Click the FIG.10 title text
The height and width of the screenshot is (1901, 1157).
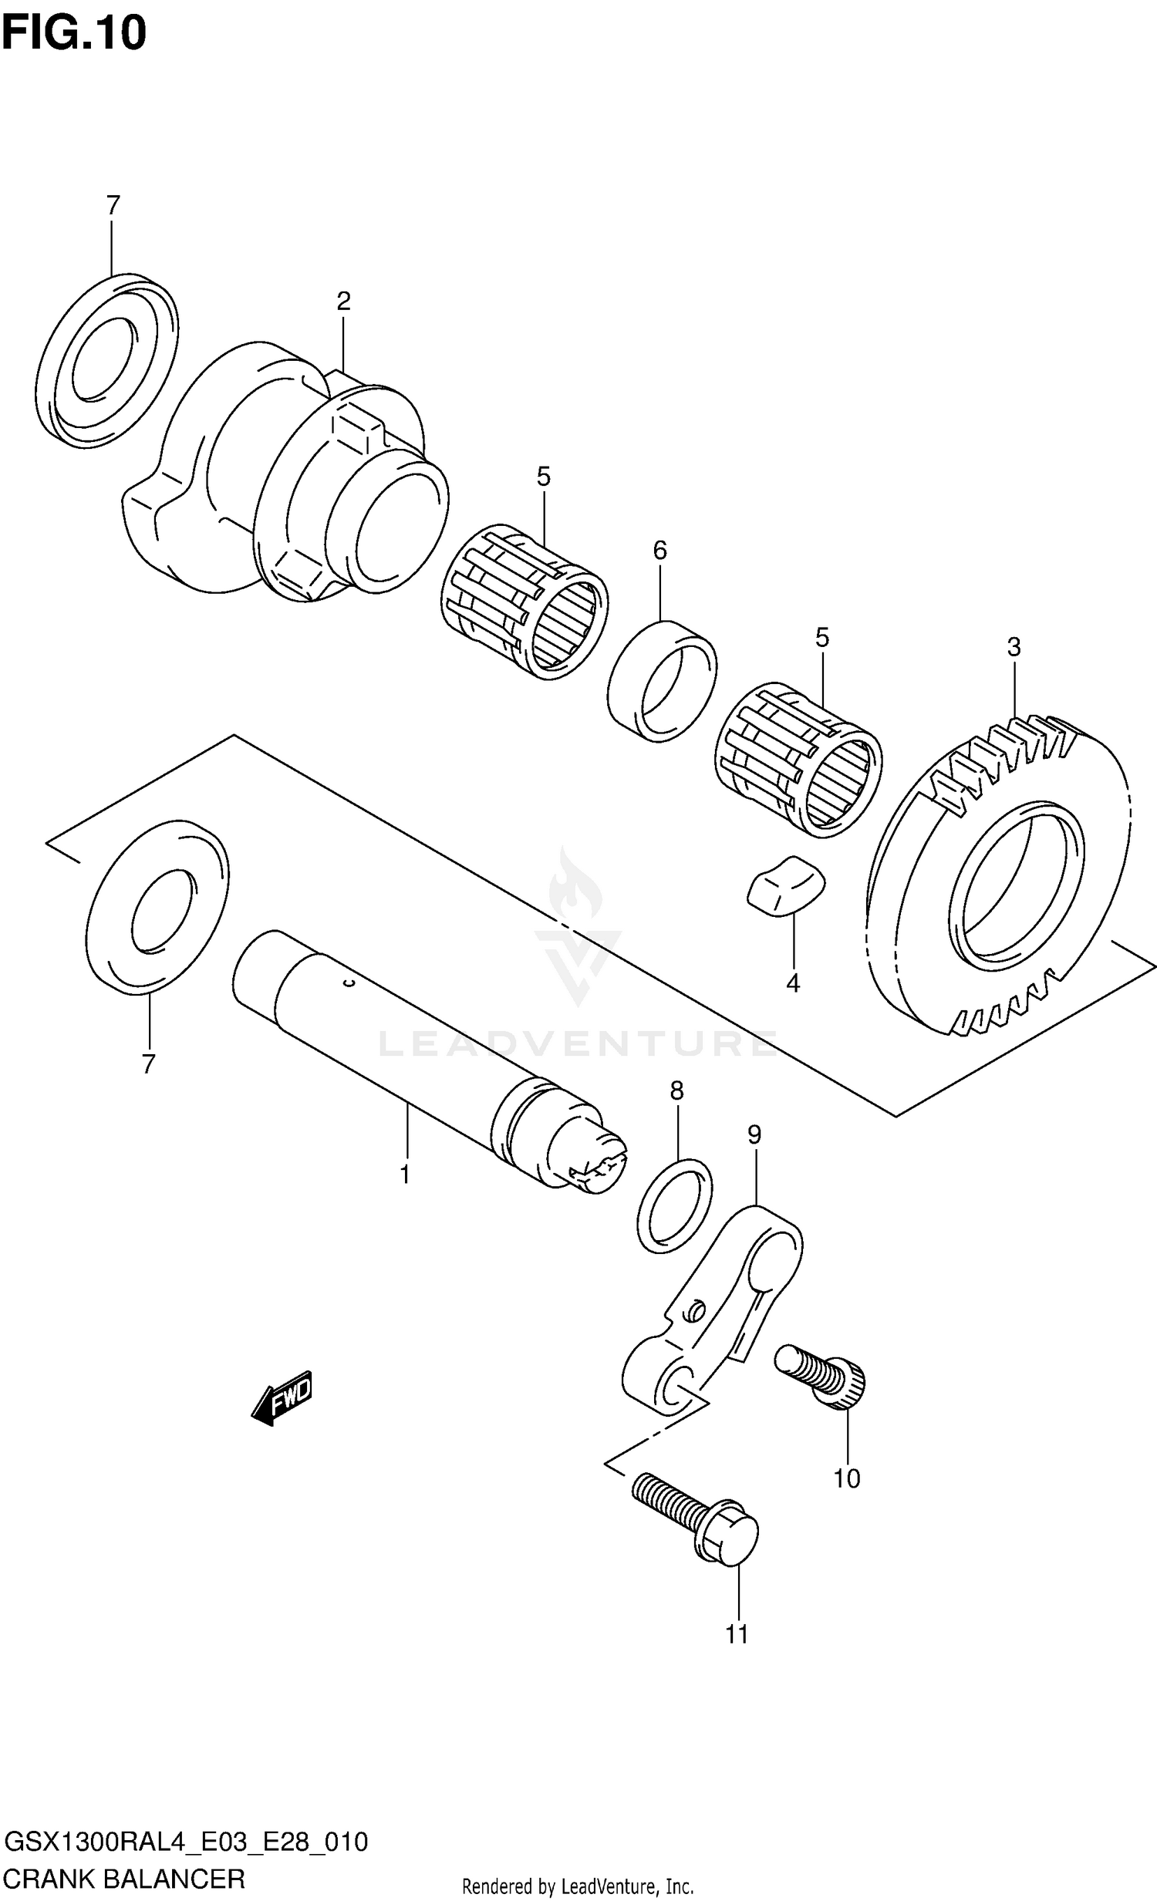click(x=74, y=33)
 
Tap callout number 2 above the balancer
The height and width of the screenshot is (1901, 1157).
click(x=343, y=301)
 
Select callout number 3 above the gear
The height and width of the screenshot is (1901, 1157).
click(x=1014, y=646)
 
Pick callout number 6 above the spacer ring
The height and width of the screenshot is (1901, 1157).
click(x=659, y=550)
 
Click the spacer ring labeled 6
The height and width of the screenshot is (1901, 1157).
click(x=662, y=680)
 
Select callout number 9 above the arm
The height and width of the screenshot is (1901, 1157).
click(x=754, y=1134)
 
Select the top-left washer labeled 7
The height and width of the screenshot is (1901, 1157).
click(x=107, y=358)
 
